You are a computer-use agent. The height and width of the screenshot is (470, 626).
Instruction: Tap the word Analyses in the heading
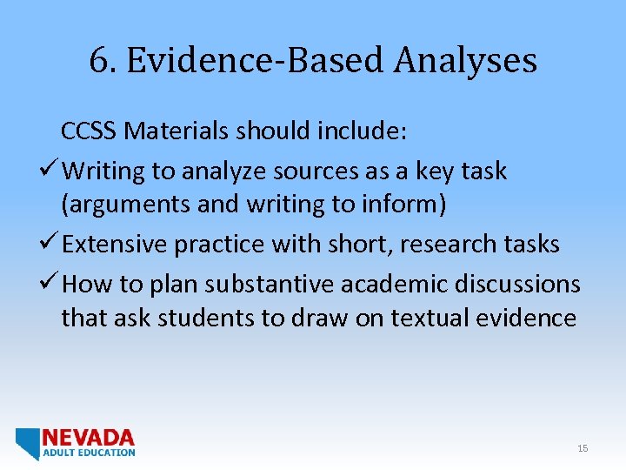click(x=465, y=61)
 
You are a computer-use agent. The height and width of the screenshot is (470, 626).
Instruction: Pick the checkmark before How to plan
click(x=51, y=284)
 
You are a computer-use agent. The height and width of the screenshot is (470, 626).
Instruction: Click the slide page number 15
click(x=583, y=448)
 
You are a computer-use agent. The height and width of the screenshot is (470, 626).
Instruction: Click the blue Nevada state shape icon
click(x=29, y=443)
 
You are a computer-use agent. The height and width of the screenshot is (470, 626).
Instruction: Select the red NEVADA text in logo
click(x=89, y=437)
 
